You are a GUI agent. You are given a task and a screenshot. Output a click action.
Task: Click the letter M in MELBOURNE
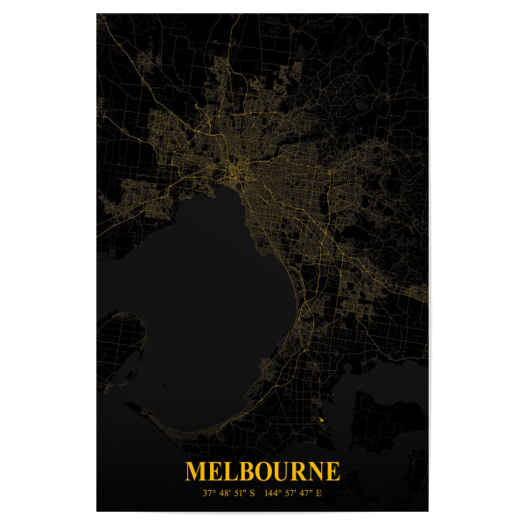198,472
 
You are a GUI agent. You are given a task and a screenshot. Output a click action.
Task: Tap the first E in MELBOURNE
219,472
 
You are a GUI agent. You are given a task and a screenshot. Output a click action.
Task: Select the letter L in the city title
235,472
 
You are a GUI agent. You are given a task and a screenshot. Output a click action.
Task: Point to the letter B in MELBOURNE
251,472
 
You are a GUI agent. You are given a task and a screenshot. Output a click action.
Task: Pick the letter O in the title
269,472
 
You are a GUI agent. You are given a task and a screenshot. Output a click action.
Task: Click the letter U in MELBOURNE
288,472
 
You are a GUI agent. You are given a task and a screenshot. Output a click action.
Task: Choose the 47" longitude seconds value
307,493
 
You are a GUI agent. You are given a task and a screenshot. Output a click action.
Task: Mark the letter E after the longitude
320,493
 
